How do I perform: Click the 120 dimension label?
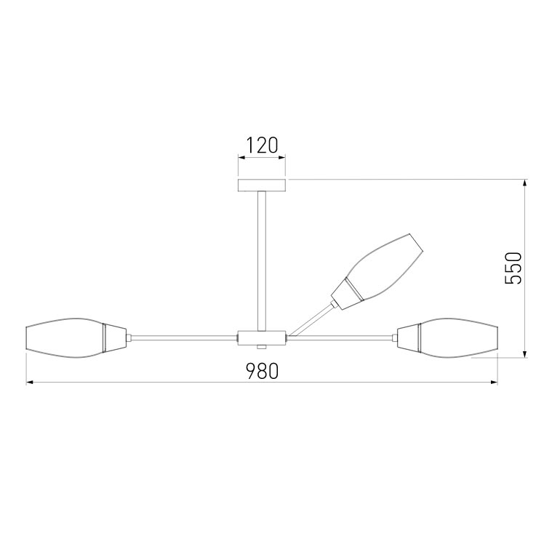tap(262, 145)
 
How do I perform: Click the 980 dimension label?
tap(262, 372)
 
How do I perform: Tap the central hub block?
tap(262, 337)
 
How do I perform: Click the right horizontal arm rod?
tap(342, 337)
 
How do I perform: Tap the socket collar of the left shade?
tap(114, 337)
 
